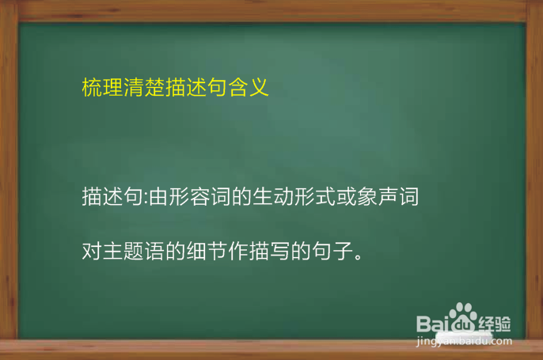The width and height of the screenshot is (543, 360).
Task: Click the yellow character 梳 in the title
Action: [x=92, y=87]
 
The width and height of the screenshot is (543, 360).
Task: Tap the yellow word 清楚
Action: [x=144, y=87]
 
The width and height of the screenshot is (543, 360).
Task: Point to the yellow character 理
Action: [x=112, y=87]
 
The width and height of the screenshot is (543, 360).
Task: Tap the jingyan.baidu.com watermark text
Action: [x=463, y=342]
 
